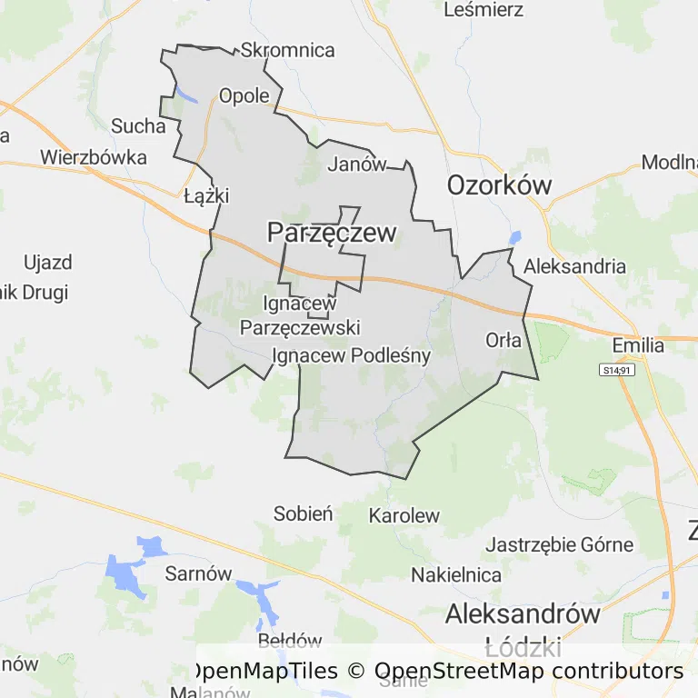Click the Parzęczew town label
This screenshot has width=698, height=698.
332,233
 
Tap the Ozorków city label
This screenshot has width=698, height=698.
499,185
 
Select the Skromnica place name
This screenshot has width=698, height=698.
288,51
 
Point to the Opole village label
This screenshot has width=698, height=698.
244,95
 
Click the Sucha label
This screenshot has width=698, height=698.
138,125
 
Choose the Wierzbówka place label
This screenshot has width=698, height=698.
94,157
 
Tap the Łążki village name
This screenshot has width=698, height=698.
206,195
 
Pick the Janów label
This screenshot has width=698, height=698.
357,165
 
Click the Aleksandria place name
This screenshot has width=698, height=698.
575,266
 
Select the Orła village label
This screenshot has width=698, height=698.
504,341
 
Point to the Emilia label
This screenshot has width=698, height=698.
638,345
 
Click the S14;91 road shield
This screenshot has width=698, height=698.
616,370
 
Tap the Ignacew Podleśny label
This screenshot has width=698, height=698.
351,355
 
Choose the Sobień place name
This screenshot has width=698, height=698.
304,514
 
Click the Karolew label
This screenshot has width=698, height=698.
404,515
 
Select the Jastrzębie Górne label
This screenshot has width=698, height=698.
559,545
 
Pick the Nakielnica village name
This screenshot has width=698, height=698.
456,574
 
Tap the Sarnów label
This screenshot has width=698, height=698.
198,573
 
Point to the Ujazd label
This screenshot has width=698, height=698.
47,264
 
